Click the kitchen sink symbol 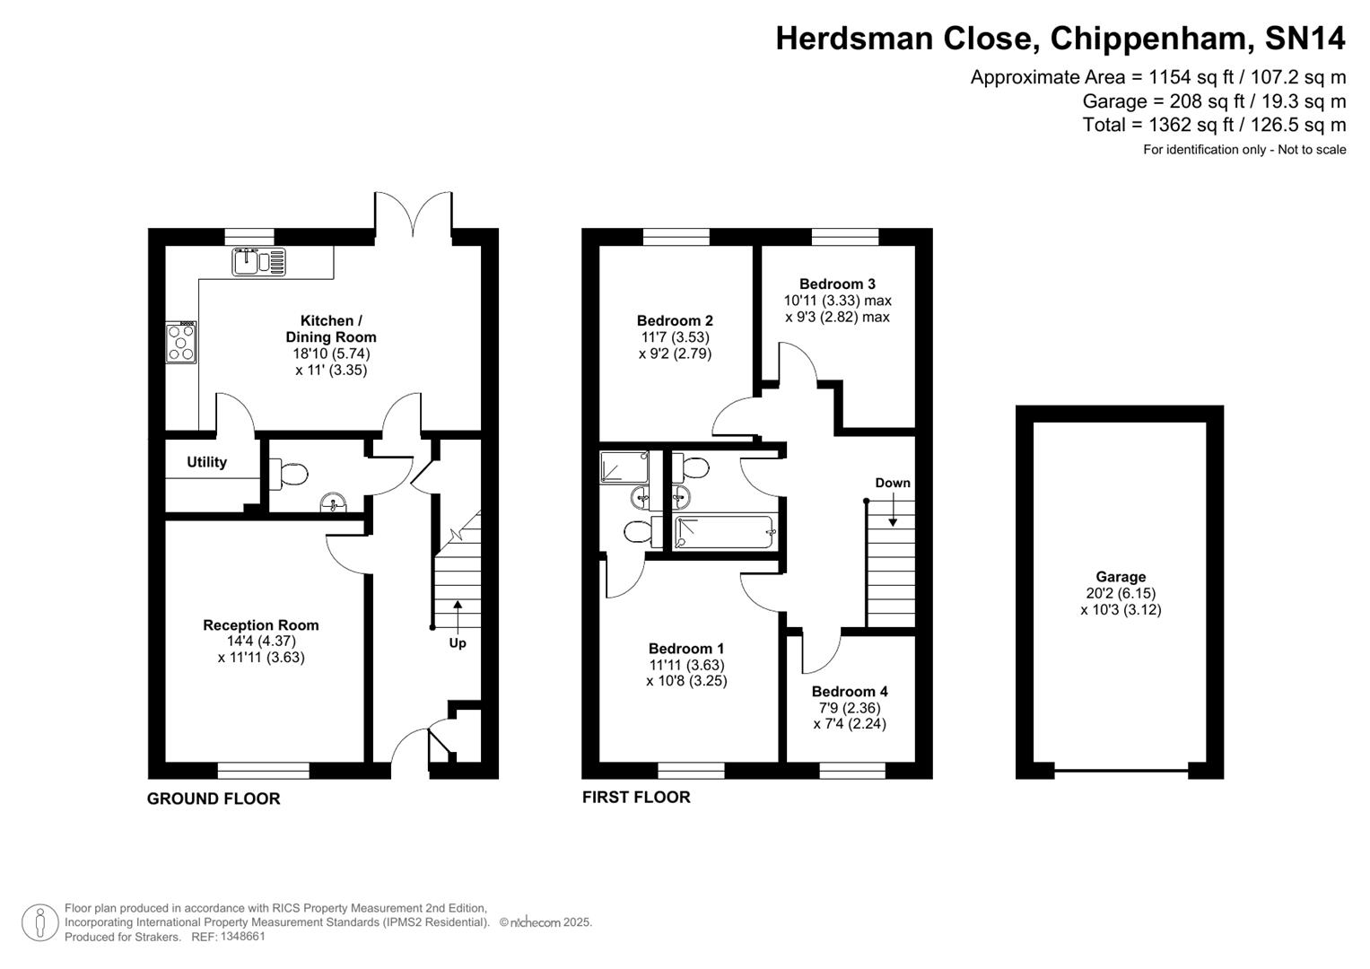(x=258, y=261)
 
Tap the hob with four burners (x=181, y=343)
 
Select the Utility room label (x=206, y=462)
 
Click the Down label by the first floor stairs (x=893, y=483)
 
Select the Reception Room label (x=260, y=625)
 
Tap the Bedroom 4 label (x=850, y=692)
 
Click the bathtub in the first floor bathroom (x=724, y=532)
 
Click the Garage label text (x=1121, y=577)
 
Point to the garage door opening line (x=1121, y=770)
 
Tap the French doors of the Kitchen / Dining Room (x=414, y=215)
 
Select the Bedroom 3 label (x=837, y=284)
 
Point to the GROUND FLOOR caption (x=214, y=799)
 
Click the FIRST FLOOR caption (x=636, y=797)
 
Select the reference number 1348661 (x=242, y=937)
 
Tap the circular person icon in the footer (x=40, y=922)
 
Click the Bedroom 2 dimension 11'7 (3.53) (x=674, y=337)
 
